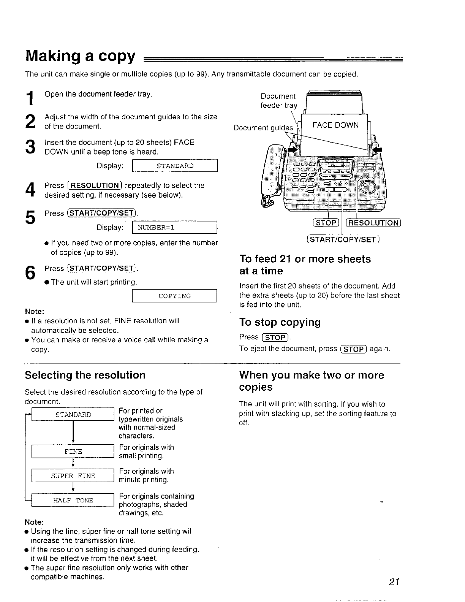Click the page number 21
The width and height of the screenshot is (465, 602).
(x=393, y=582)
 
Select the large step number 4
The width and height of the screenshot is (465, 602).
(x=30, y=190)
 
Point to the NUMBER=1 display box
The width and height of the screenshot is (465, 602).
(x=174, y=228)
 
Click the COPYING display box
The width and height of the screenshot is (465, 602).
(x=174, y=296)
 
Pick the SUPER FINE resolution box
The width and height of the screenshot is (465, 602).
(x=73, y=476)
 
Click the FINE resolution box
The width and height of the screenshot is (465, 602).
(x=73, y=451)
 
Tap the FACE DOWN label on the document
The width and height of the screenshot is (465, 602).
(x=335, y=125)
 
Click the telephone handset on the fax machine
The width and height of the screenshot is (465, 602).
(x=272, y=175)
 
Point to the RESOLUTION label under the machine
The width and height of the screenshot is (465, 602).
(x=374, y=223)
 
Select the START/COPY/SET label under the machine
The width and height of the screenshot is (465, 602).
(x=343, y=239)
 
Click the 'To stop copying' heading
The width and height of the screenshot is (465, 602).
(x=280, y=322)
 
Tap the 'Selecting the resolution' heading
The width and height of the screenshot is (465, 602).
(x=85, y=375)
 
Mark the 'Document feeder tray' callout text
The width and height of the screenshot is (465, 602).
(x=278, y=101)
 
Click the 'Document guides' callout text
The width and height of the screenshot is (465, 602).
(x=264, y=128)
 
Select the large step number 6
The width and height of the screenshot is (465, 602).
(x=30, y=273)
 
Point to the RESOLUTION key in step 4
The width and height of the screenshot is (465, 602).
(x=95, y=185)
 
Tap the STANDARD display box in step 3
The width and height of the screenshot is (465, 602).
(x=174, y=166)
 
